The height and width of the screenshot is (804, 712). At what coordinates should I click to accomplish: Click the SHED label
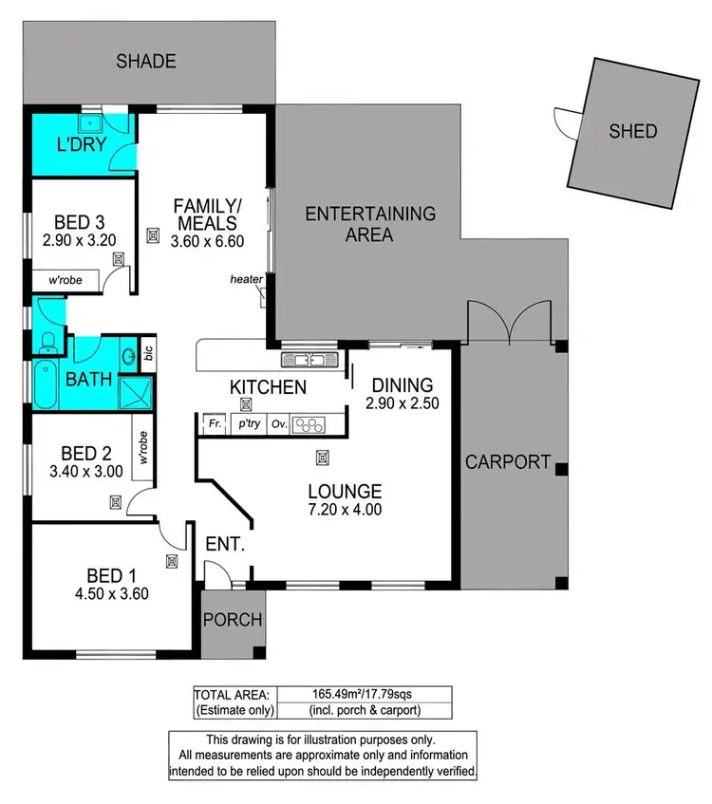pyautogui.click(x=632, y=131)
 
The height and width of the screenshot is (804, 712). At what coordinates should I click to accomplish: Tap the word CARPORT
pyautogui.click(x=508, y=462)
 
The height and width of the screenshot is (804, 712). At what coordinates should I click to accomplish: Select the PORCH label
pyautogui.click(x=233, y=620)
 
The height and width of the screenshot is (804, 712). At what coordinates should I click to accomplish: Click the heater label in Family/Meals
pyautogui.click(x=246, y=279)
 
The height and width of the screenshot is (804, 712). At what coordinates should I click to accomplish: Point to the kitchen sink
pyautogui.click(x=309, y=360)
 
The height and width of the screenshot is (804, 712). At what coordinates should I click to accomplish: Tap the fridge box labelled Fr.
pyautogui.click(x=215, y=424)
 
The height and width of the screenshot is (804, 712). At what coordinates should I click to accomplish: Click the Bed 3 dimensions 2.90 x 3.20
pyautogui.click(x=79, y=240)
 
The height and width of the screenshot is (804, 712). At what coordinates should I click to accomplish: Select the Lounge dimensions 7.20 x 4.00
pyautogui.click(x=345, y=509)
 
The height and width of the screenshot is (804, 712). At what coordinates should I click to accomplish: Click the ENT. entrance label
pyautogui.click(x=225, y=545)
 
